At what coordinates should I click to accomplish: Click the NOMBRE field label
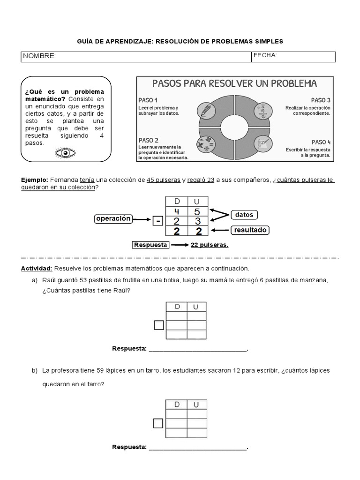pyautogui.click(x=39, y=57)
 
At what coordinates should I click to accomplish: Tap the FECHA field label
pyautogui.click(x=265, y=56)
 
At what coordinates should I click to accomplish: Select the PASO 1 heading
pyautogui.click(x=148, y=100)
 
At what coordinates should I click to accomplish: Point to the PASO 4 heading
pyautogui.click(x=321, y=142)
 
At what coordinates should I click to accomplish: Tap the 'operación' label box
pyautogui.click(x=112, y=219)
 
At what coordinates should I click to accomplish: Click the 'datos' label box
pyautogui.click(x=244, y=215)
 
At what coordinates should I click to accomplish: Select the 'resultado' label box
pyautogui.click(x=251, y=230)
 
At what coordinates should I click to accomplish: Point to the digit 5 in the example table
pyautogui.click(x=197, y=211)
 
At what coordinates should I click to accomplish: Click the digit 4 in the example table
pyautogui.click(x=177, y=211)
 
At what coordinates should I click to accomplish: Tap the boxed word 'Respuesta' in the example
pyautogui.click(x=150, y=245)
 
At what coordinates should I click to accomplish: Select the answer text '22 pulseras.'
pyautogui.click(x=210, y=245)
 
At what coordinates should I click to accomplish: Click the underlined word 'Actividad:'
pyautogui.click(x=37, y=269)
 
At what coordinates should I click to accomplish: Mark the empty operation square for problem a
pyautogui.click(x=159, y=325)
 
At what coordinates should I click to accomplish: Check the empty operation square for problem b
pyautogui.click(x=158, y=423)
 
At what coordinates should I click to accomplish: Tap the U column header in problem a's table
pyautogui.click(x=196, y=307)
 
